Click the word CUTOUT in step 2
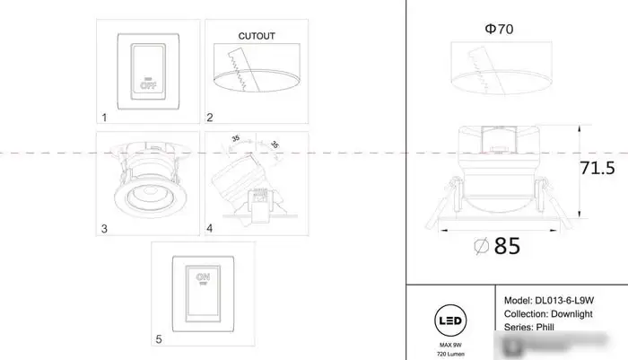click(257, 37)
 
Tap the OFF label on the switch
click(148, 86)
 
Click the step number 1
click(105, 117)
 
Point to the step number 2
click(210, 117)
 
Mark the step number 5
click(159, 339)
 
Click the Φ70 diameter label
click(499, 30)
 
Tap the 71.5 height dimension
click(597, 168)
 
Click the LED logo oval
click(449, 320)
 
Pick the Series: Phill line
click(533, 329)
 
